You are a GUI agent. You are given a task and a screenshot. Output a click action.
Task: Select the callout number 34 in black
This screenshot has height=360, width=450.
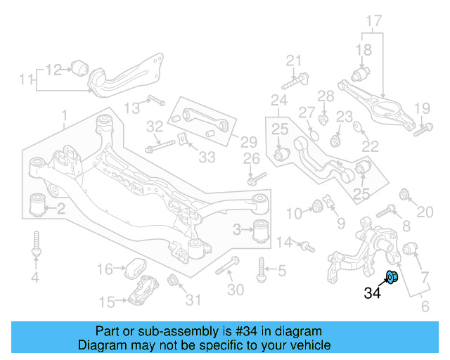(x=373, y=292)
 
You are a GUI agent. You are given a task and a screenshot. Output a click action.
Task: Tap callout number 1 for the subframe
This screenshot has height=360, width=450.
(x=64, y=114)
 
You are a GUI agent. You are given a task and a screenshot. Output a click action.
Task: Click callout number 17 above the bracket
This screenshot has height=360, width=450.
(x=373, y=20)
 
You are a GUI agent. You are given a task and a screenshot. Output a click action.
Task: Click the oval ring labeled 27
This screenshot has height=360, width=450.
(x=314, y=134)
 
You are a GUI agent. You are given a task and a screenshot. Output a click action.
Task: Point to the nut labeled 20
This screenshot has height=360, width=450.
(x=405, y=194)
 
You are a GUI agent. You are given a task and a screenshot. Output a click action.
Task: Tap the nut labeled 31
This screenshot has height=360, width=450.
(x=173, y=283)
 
